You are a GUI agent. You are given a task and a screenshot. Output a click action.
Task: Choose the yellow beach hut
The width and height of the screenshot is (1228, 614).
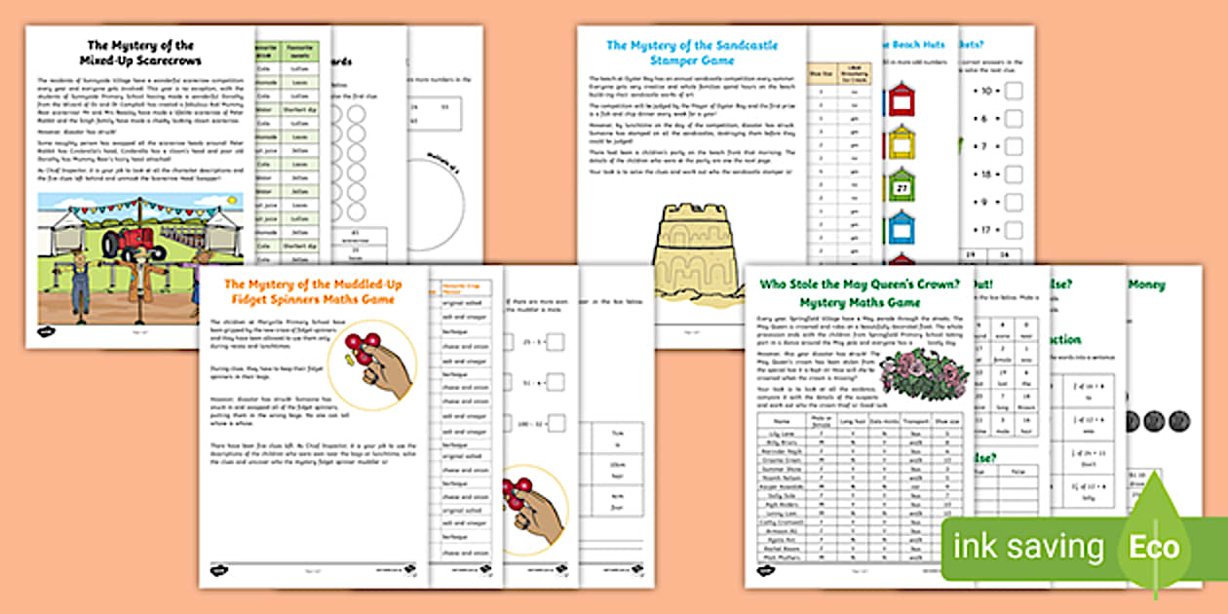[x=902, y=142]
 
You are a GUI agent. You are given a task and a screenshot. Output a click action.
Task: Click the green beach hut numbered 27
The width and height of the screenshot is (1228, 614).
[x=902, y=185]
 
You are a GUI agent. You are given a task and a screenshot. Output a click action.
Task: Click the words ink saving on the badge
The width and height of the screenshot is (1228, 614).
[x=1030, y=547]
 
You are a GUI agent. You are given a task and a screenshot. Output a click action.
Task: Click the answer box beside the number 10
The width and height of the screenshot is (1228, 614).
[x=1013, y=91]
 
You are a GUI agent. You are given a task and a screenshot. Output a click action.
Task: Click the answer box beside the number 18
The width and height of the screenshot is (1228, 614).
[x=1013, y=174]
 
